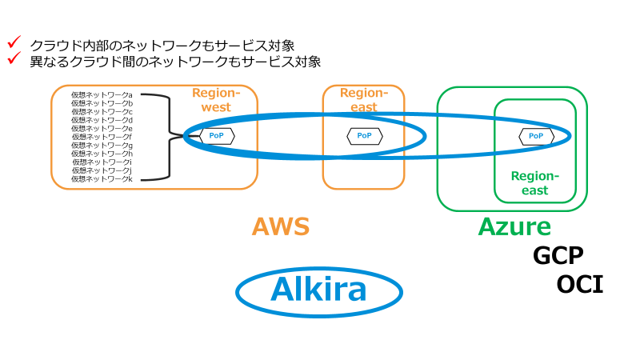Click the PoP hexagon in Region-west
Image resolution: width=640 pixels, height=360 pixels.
pyautogui.click(x=216, y=136)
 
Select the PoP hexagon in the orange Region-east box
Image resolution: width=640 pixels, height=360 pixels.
pyautogui.click(x=364, y=136)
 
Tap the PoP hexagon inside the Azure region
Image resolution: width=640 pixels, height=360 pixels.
pyautogui.click(x=536, y=136)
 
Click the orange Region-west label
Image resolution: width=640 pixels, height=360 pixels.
pyautogui.click(x=211, y=100)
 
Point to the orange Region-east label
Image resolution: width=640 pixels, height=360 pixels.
pyautogui.click(x=363, y=100)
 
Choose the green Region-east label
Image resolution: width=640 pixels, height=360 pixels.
pyautogui.click(x=534, y=183)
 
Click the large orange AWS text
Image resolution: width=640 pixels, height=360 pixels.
pyautogui.click(x=281, y=227)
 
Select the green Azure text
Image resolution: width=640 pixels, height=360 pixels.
pyautogui.click(x=514, y=227)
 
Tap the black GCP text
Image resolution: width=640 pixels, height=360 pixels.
pyautogui.click(x=558, y=256)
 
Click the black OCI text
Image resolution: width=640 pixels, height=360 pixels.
pyautogui.click(x=580, y=284)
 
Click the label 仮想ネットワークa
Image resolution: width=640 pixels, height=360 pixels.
pyautogui.click(x=102, y=94)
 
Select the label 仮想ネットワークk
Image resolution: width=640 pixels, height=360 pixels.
pyautogui.click(x=102, y=178)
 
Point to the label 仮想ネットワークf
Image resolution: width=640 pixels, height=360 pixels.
pyautogui.click(x=102, y=137)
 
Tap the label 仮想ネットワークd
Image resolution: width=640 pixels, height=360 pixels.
pyautogui.click(x=102, y=120)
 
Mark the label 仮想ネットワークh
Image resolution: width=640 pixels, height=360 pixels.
pyautogui.click(x=102, y=154)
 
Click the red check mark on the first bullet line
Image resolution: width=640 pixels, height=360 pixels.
pyautogui.click(x=13, y=42)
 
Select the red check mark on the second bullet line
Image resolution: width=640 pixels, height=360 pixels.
pyautogui.click(x=13, y=58)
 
